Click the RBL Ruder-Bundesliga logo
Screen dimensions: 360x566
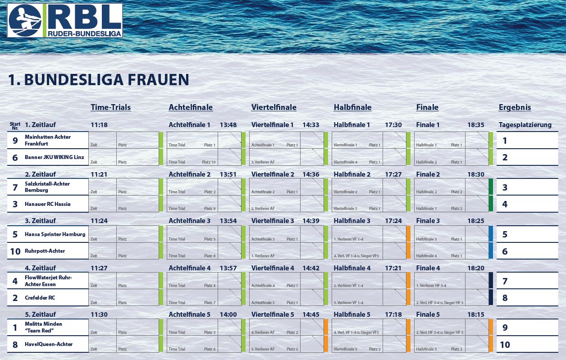(x=65, y=20)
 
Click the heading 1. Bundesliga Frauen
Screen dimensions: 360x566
(x=98, y=80)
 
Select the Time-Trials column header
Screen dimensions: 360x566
(x=110, y=107)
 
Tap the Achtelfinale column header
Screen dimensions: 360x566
(x=191, y=107)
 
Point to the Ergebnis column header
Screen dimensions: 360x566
(x=515, y=107)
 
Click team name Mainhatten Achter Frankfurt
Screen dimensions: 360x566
(x=48, y=140)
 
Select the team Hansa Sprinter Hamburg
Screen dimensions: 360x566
(x=55, y=234)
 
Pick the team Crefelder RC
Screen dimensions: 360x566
(x=40, y=298)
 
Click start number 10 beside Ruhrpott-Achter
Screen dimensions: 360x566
(x=15, y=251)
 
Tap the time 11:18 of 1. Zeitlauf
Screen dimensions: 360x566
(x=99, y=125)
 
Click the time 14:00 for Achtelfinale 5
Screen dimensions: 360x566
(x=228, y=314)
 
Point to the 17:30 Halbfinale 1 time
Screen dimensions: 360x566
(x=393, y=125)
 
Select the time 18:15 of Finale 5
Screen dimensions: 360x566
(x=476, y=314)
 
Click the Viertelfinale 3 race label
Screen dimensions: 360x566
(x=272, y=221)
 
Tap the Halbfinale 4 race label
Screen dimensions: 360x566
(x=352, y=268)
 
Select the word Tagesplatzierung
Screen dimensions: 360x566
(x=525, y=125)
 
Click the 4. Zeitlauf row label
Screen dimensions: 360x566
(x=40, y=268)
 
